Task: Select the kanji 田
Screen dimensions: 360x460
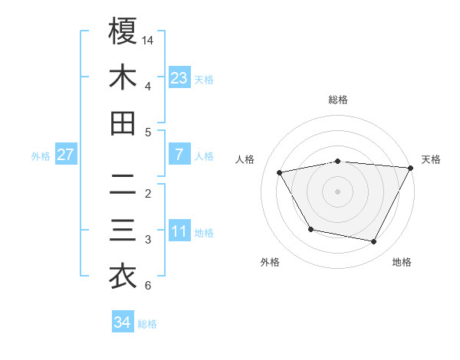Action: (123, 123)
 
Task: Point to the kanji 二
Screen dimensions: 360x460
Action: (123, 184)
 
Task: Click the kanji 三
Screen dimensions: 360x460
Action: (123, 231)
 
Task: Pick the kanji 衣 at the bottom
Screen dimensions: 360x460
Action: (123, 277)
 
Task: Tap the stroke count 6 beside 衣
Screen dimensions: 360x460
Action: (147, 286)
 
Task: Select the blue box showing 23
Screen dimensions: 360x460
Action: (179, 77)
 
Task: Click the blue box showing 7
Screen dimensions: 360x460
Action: (179, 155)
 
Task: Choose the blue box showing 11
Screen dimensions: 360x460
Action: (179, 231)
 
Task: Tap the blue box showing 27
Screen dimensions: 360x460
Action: (66, 155)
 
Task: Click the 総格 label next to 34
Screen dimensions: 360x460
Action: (148, 324)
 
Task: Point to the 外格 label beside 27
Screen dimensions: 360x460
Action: (41, 156)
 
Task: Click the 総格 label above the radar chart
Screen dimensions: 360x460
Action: (338, 100)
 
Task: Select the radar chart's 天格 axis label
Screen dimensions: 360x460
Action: (432, 159)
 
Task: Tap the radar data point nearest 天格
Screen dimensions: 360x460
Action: (411, 168)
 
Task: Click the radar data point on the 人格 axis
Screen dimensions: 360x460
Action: (280, 172)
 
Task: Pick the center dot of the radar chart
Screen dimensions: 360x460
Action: (338, 191)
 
